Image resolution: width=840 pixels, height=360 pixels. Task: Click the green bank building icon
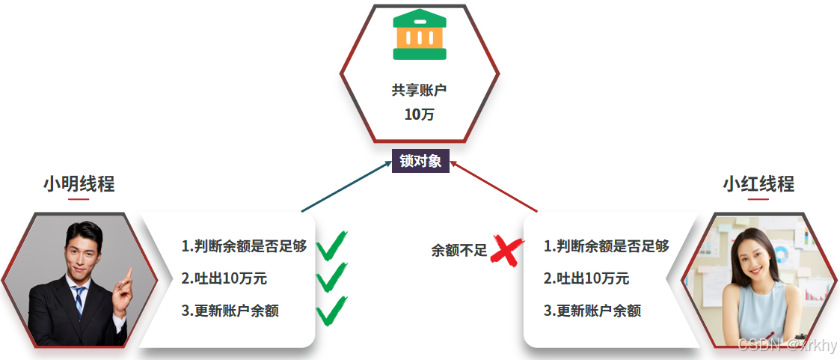[420, 34]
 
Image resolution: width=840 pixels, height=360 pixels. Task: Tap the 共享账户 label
[419, 90]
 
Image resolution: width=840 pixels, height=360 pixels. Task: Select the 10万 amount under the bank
[419, 115]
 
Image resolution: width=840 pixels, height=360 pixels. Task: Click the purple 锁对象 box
[420, 161]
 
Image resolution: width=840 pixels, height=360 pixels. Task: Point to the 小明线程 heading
[79, 183]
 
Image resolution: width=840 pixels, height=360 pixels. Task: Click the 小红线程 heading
[758, 183]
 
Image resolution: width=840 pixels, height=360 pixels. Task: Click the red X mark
[507, 251]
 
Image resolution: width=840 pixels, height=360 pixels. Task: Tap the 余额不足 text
[459, 251]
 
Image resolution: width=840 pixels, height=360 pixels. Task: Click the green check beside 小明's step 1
[331, 245]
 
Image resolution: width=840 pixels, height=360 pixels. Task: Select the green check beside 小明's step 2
[331, 278]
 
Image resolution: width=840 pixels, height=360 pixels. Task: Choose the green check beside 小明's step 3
[331, 311]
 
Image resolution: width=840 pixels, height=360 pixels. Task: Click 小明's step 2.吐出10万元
[224, 278]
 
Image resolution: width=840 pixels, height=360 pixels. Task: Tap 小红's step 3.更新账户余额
[592, 311]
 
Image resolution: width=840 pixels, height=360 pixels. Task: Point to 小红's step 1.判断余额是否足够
[606, 245]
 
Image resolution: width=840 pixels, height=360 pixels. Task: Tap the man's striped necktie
[79, 300]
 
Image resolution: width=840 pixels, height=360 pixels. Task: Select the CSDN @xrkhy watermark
[787, 345]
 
